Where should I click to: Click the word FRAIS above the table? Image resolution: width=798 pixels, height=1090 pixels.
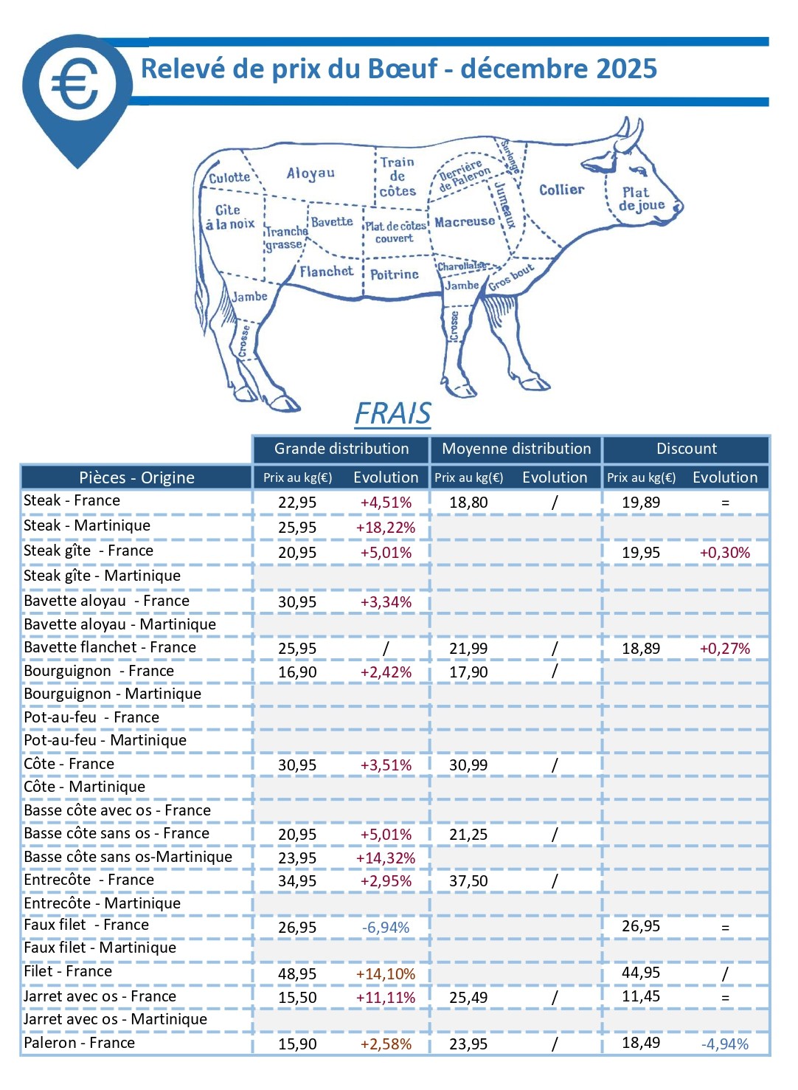pyautogui.click(x=392, y=413)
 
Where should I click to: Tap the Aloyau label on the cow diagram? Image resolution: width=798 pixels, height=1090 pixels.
pyautogui.click(x=310, y=173)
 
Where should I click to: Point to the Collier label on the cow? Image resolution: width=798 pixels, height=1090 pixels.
pyautogui.click(x=561, y=190)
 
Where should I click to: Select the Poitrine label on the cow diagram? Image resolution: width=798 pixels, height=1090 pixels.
pyautogui.click(x=394, y=275)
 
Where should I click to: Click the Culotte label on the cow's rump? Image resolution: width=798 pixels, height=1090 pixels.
pyautogui.click(x=229, y=178)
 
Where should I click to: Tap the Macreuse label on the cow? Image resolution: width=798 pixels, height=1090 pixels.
pyautogui.click(x=465, y=221)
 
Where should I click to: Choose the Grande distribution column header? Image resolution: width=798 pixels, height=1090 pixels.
pyautogui.click(x=341, y=449)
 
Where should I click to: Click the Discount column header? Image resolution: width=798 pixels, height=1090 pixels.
pyautogui.click(x=687, y=449)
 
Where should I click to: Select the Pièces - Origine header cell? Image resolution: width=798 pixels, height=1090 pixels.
pyautogui.click(x=136, y=477)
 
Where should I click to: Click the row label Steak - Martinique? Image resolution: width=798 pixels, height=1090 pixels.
pyautogui.click(x=87, y=525)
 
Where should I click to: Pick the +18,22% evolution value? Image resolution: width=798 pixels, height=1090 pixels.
pyautogui.click(x=386, y=528)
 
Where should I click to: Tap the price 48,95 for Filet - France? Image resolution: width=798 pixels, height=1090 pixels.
pyautogui.click(x=297, y=974)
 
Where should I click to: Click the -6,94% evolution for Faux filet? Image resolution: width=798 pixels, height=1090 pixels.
pyautogui.click(x=386, y=928)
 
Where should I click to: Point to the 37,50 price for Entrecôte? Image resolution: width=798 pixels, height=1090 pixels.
pyautogui.click(x=468, y=881)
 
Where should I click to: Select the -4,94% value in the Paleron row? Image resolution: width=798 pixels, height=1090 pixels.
pyautogui.click(x=725, y=1044)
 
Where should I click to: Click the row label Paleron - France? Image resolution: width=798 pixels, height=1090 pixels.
pyautogui.click(x=80, y=1043)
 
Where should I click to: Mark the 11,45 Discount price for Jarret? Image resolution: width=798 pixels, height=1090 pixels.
pyautogui.click(x=641, y=996)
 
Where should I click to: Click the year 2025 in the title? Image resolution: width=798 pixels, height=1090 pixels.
pyautogui.click(x=626, y=69)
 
